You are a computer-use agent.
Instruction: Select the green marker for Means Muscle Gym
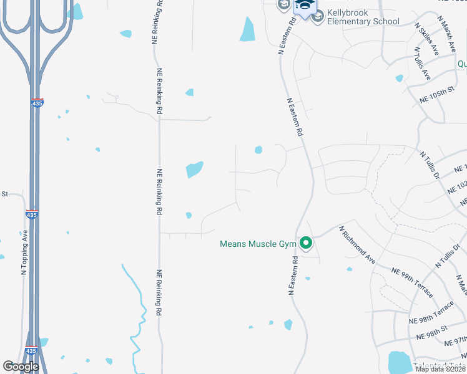pyautogui.click(x=306, y=243)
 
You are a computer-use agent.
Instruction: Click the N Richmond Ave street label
pyautogui.click(x=356, y=245)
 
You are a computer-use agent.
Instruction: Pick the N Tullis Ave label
pyautogui.click(x=423, y=65)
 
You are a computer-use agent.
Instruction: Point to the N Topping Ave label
pyautogui.click(x=24, y=252)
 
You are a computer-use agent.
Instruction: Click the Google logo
pyautogui.click(x=21, y=367)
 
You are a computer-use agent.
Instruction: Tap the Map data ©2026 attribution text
pyautogui.click(x=441, y=369)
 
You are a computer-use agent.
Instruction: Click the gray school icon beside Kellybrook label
pyautogui.click(x=317, y=16)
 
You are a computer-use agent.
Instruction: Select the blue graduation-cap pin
pyautogui.click(x=304, y=6)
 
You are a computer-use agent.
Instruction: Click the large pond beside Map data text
pyautogui.click(x=398, y=362)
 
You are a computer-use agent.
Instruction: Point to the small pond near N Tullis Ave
pyautogui.click(x=400, y=79)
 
